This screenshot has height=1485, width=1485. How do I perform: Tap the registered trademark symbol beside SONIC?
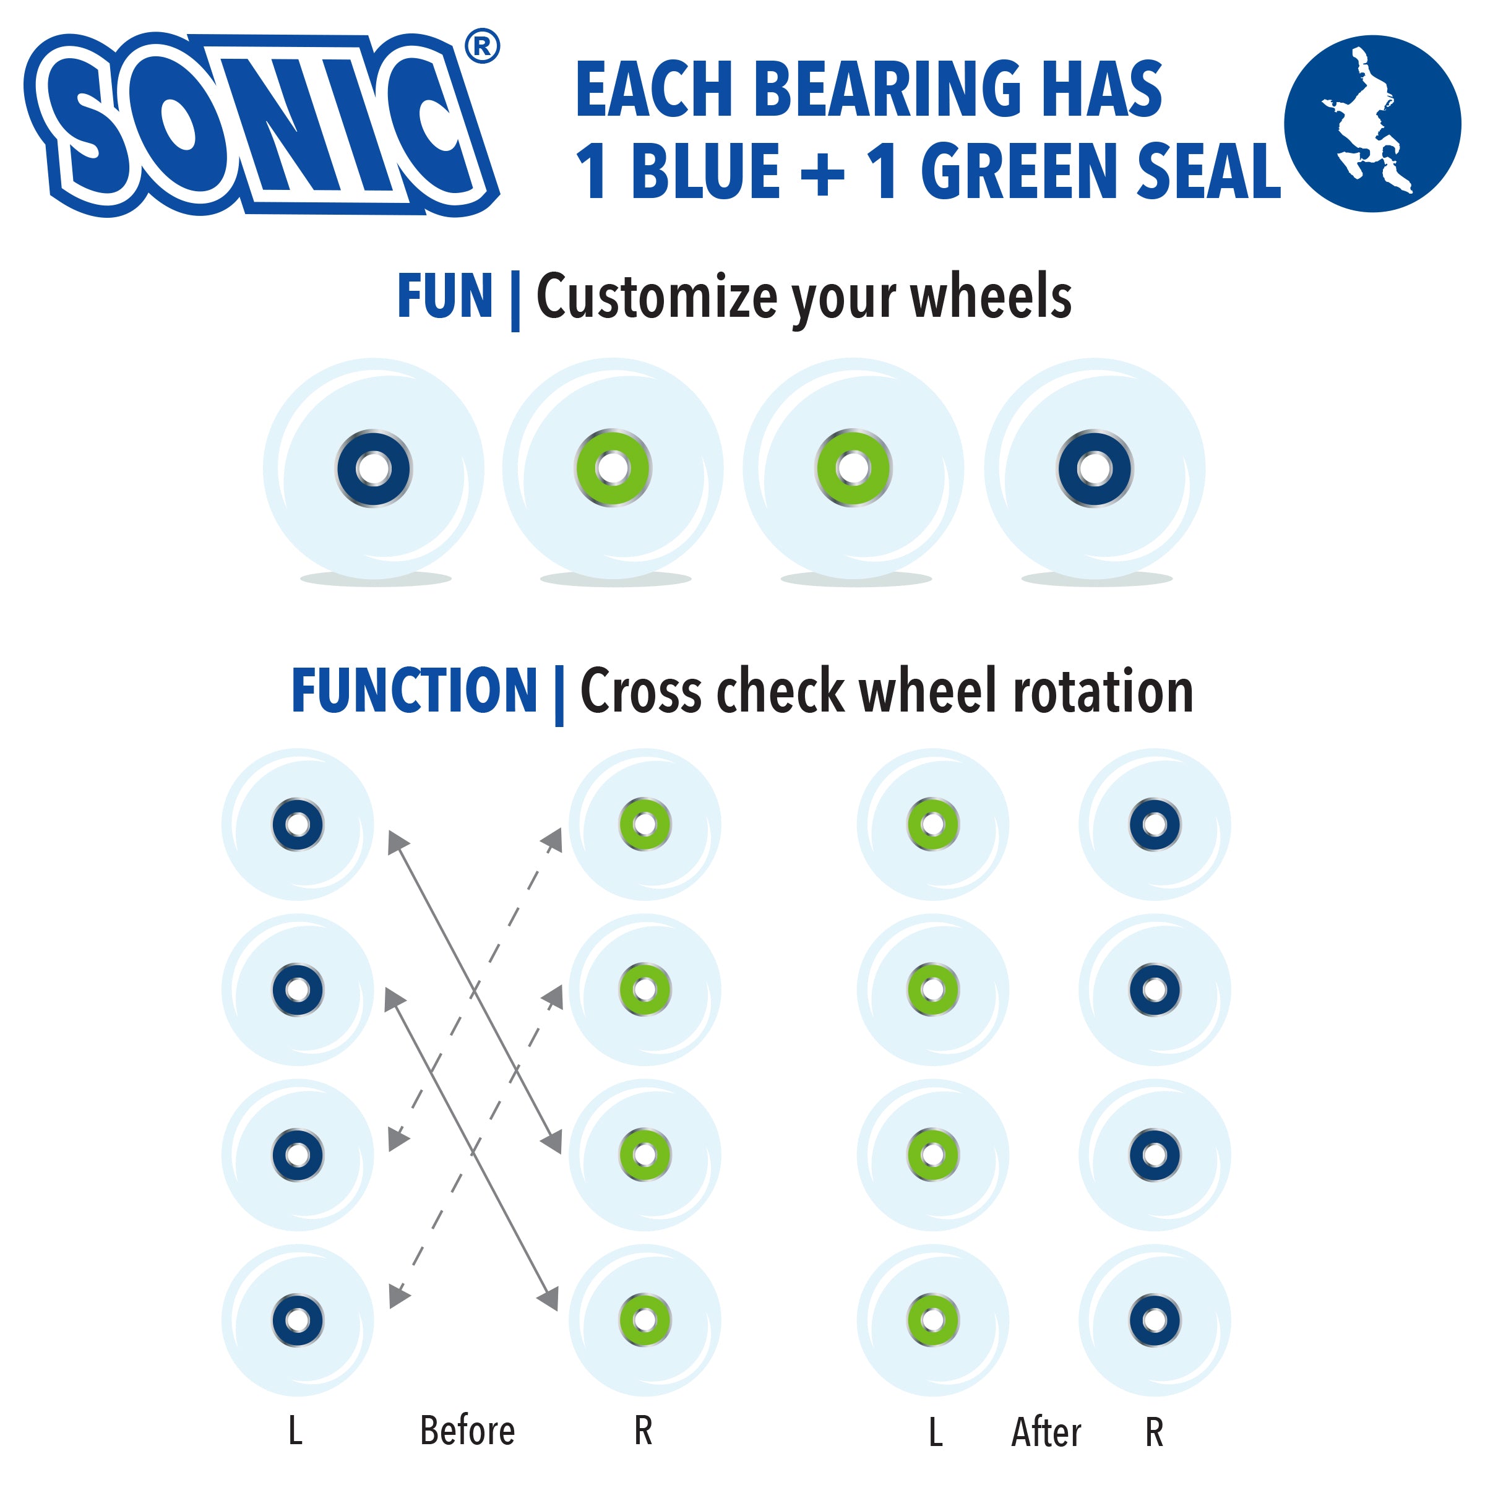coord(482,47)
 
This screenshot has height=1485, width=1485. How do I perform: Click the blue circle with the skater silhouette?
coord(1372,123)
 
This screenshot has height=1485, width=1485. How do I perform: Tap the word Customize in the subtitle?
coord(656,298)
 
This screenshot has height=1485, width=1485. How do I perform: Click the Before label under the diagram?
coord(467,1431)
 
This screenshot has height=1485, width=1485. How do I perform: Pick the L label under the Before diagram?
coord(295,1431)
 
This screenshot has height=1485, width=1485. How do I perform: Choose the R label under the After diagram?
coord(1154,1432)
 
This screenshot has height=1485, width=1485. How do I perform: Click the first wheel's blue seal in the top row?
coord(374,468)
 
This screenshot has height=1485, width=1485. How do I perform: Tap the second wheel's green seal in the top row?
coord(613,468)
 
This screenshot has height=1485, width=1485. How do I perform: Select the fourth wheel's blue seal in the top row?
coord(1095,468)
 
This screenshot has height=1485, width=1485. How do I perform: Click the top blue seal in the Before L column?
coord(298,825)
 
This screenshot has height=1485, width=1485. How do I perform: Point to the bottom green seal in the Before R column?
coord(645,1320)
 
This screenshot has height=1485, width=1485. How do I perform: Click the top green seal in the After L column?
coord(933,825)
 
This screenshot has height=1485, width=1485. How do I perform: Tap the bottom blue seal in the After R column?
coord(1155,1320)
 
